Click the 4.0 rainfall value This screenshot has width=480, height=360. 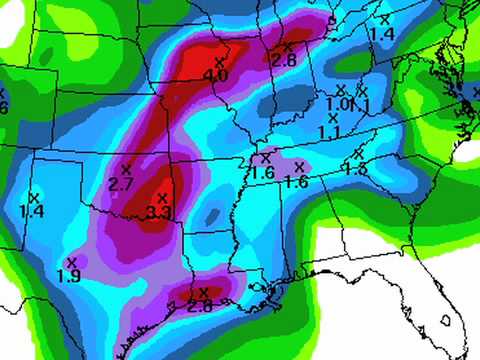214,76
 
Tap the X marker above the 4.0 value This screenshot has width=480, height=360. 219,62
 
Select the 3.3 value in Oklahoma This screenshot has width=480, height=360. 158,212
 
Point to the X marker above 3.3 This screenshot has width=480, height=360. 162,197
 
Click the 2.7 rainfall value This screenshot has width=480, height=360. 120,183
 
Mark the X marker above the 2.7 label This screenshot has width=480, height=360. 126,168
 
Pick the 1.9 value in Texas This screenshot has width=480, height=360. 69,276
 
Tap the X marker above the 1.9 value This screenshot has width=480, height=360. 71,262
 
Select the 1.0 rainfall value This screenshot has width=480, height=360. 336,104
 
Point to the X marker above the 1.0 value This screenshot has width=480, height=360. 340,90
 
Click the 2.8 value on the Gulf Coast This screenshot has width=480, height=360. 199,306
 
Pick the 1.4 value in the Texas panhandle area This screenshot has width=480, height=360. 31,212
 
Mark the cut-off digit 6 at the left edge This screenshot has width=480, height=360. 3,107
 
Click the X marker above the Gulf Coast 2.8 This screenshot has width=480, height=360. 204,292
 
